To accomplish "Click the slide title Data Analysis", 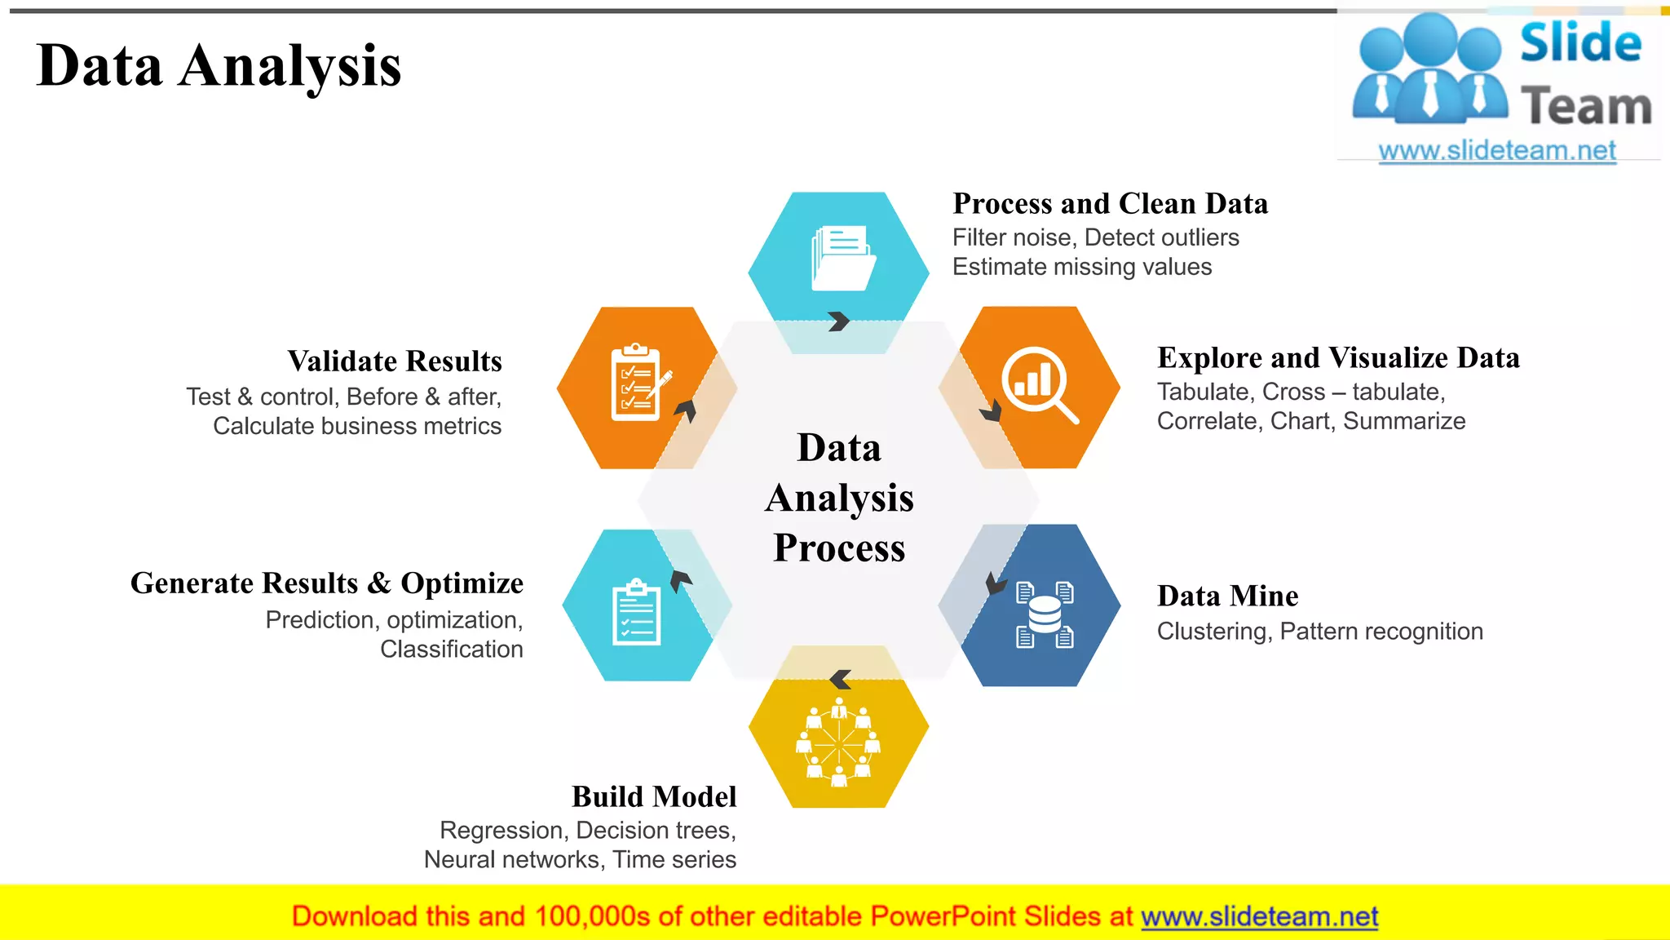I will pyautogui.click(x=219, y=66).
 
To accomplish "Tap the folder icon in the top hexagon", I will pyautogui.click(x=842, y=259).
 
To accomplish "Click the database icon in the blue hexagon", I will pyautogui.click(x=1045, y=614).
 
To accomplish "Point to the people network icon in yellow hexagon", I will pyautogui.click(x=838, y=743).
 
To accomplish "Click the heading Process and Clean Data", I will pyautogui.click(x=1110, y=203).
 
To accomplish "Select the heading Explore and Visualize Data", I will pyautogui.click(x=1338, y=357).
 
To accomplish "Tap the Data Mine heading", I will pyautogui.click(x=1227, y=596).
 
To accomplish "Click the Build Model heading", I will pyautogui.click(x=654, y=796).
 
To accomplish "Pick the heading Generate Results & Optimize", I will pyautogui.click(x=327, y=583).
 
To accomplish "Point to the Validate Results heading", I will pyautogui.click(x=395, y=361).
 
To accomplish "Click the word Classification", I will pyautogui.click(x=452, y=650).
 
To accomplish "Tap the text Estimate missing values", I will pyautogui.click(x=1082, y=267).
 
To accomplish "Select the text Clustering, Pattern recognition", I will pyautogui.click(x=1319, y=632).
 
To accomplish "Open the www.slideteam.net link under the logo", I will pyautogui.click(x=1497, y=151).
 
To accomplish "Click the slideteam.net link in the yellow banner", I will pyautogui.click(x=1259, y=916).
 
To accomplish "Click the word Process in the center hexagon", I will pyautogui.click(x=839, y=548).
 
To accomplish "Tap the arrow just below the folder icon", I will pyautogui.click(x=838, y=321).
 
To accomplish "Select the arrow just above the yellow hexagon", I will pyautogui.click(x=840, y=680).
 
